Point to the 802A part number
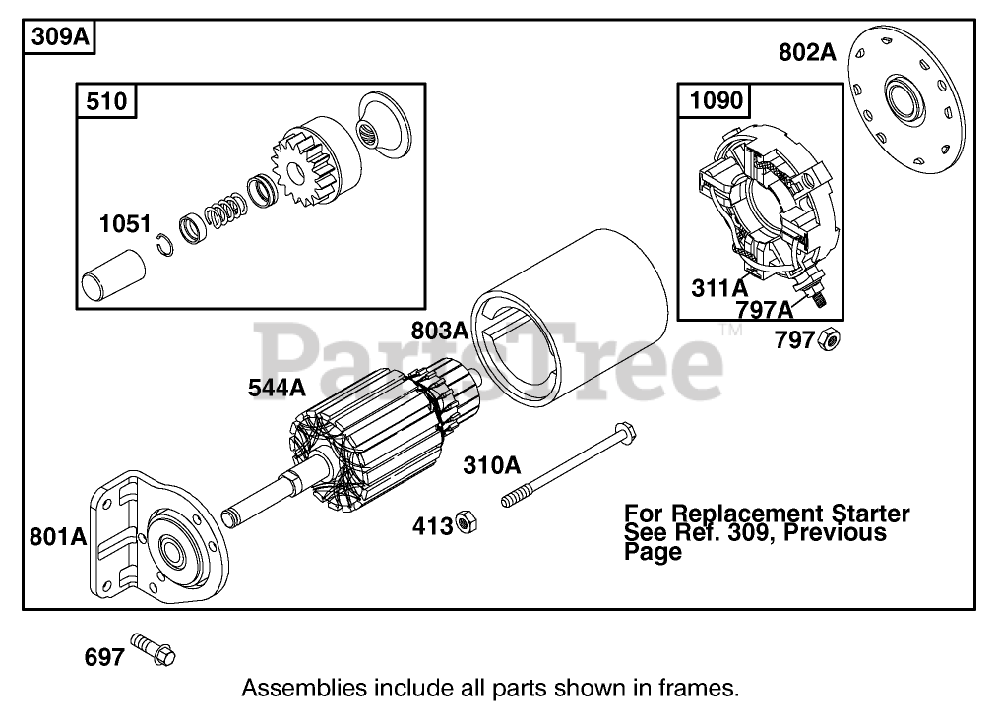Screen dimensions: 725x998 pos(807,52)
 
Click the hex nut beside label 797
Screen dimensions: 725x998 pos(829,340)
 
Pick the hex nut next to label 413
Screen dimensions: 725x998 pos(468,523)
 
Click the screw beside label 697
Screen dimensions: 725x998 pos(156,649)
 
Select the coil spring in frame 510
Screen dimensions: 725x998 pos(225,209)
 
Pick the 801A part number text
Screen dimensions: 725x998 pos(58,537)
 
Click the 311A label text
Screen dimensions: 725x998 pos(718,289)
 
